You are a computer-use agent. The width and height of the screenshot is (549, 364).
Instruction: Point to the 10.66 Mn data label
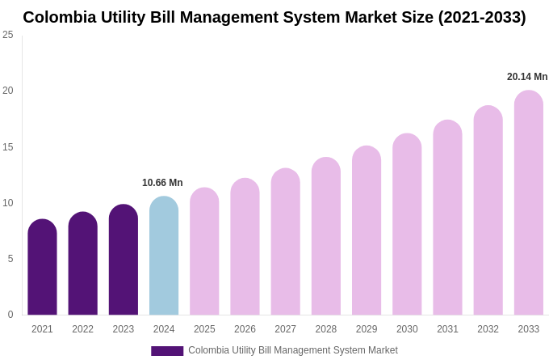point(162,183)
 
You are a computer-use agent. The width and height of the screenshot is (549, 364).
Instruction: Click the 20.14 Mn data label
point(527,77)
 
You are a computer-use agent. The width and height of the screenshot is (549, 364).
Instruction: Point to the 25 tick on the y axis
point(8,35)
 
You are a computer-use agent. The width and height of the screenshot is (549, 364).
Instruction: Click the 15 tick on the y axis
point(8,147)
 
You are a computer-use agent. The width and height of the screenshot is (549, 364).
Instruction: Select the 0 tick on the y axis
point(10,315)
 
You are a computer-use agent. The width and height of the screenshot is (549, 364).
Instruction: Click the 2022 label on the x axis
point(82,329)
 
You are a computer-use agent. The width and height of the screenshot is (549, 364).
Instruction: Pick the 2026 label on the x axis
point(245,329)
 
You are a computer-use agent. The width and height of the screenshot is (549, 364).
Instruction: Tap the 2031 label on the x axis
point(447,329)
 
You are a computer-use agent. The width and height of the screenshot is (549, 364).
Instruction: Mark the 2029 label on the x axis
point(367,329)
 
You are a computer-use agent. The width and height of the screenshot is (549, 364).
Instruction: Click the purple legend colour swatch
point(167,351)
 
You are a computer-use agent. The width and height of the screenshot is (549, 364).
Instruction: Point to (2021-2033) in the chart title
point(482,17)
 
